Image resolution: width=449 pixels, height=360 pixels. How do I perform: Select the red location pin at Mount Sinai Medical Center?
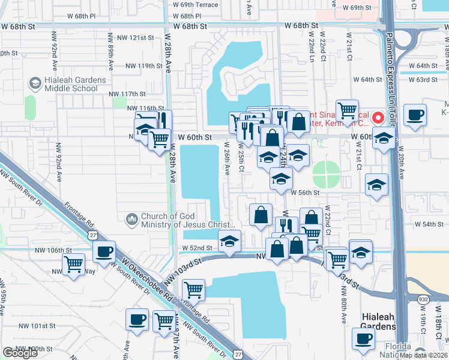[x=379, y=116]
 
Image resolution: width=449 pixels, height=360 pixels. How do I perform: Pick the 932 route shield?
[x=424, y=298]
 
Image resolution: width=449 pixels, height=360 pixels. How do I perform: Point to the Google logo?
[x=20, y=353]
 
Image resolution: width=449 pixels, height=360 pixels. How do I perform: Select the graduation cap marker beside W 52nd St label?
[x=228, y=241]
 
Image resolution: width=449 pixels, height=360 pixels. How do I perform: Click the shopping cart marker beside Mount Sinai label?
[x=347, y=110]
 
